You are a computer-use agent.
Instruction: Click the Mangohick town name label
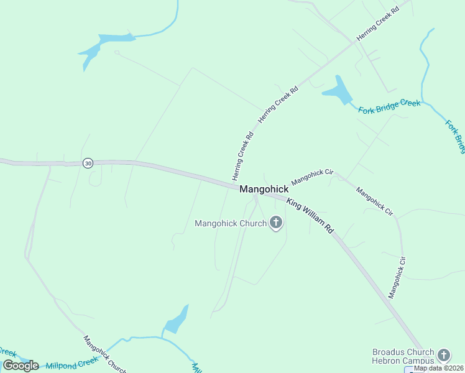pyautogui.click(x=264, y=189)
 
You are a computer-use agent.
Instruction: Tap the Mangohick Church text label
pyautogui.click(x=230, y=223)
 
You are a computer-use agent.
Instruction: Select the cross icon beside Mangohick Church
pyautogui.click(x=275, y=223)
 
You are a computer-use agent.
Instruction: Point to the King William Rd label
pyautogui.click(x=310, y=216)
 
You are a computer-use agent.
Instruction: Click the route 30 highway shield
pyautogui.click(x=88, y=163)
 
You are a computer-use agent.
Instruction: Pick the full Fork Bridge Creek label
pyautogui.click(x=390, y=107)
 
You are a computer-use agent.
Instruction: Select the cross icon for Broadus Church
pyautogui.click(x=443, y=356)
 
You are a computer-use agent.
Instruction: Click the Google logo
pyautogui.click(x=21, y=366)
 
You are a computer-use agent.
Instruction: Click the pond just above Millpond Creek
pyautogui.click(x=176, y=320)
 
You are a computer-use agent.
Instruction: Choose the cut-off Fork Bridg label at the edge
pyautogui.click(x=456, y=136)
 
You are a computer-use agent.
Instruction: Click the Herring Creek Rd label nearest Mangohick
pyautogui.click(x=243, y=157)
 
